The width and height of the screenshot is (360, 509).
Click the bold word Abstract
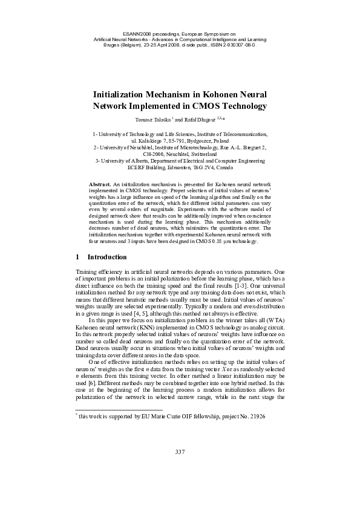[x=99, y=183]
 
